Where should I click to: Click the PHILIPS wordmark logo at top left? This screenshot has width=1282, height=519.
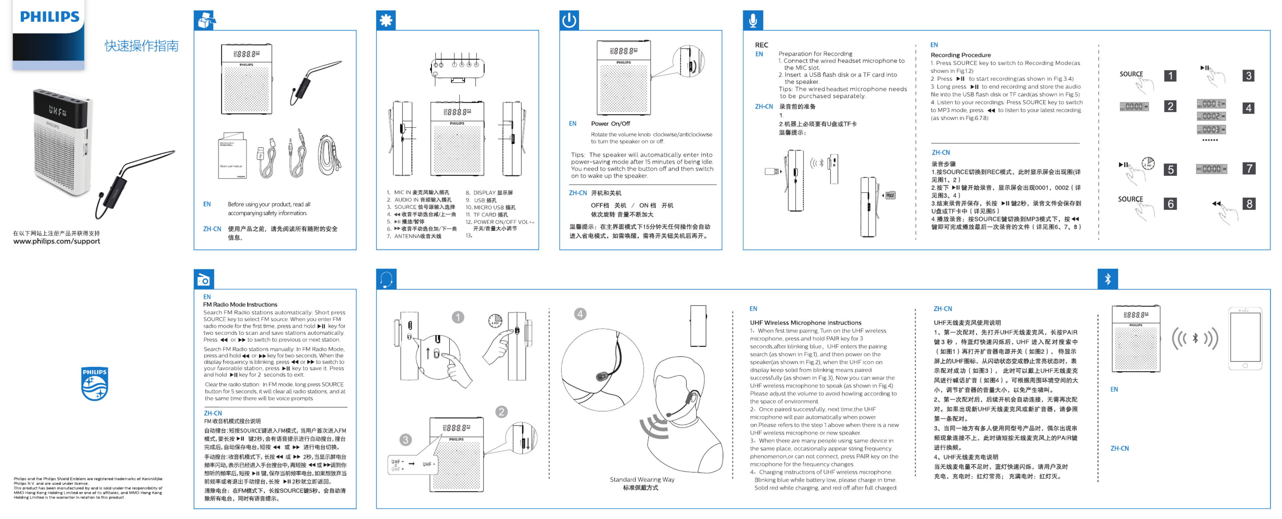coord(49,17)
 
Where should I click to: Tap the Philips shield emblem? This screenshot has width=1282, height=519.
coord(94,384)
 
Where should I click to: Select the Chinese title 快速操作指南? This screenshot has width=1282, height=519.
coord(141,46)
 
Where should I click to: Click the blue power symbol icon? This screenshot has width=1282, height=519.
coord(569,20)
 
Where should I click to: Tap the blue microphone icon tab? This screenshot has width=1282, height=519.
coord(753,20)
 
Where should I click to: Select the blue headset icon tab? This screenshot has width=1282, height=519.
coord(386,279)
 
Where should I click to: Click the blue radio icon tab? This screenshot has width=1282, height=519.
coord(203,279)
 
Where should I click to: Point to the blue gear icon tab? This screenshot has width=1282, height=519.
coord(386,20)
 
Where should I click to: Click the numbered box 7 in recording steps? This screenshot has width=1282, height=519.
coord(1249,168)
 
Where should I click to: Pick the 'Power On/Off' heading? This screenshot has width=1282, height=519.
coord(610,124)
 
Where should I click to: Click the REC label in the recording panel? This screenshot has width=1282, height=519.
coord(761,45)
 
